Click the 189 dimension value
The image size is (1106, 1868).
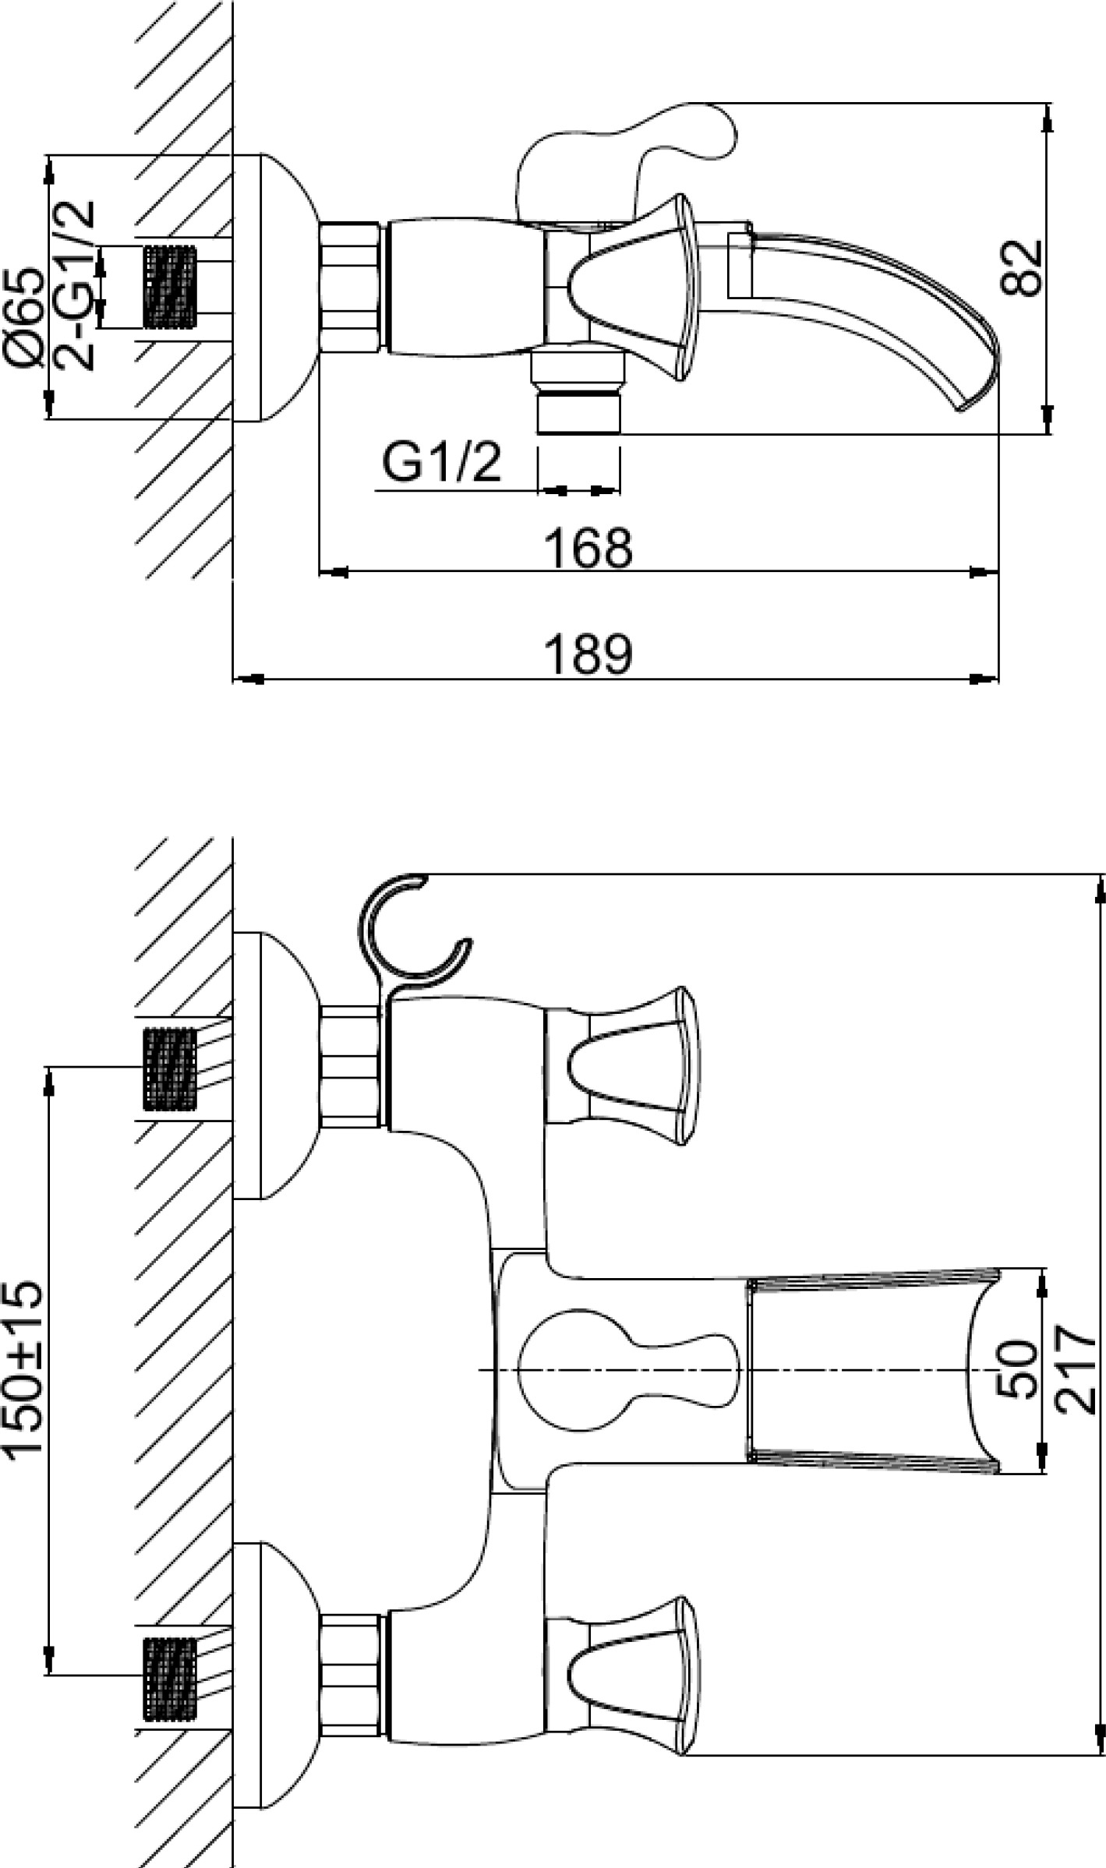point(588,655)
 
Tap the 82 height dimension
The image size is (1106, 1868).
point(1020,268)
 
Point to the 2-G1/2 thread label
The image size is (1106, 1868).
point(74,285)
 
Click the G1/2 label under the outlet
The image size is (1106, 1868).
point(441,464)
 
